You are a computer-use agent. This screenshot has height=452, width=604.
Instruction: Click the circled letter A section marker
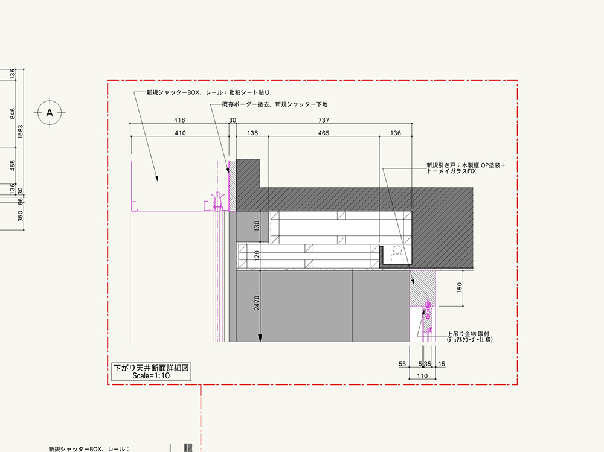point(50,113)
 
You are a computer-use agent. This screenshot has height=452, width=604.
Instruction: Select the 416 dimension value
point(179,120)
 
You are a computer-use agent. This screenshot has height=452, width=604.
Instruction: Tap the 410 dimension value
point(180,133)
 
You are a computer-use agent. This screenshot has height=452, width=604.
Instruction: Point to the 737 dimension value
point(324,120)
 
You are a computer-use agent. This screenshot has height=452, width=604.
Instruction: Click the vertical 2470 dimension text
point(257,302)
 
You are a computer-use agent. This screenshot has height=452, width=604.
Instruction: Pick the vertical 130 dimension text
point(257,226)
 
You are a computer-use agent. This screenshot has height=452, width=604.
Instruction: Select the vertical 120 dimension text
point(257,255)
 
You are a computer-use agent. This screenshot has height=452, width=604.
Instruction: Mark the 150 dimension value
point(459,288)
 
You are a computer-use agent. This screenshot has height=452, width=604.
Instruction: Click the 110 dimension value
point(422,376)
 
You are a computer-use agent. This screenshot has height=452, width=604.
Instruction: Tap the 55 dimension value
point(402,364)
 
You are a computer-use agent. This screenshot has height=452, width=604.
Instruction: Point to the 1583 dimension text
point(21,132)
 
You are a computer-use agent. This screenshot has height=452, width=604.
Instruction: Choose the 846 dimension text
point(12,113)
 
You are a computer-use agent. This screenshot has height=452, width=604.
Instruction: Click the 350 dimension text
point(21,216)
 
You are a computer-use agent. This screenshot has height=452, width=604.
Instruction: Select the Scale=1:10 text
point(151,376)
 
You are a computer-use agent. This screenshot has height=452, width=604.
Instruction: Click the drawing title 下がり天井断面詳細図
point(151,368)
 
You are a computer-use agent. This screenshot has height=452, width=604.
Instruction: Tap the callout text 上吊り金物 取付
point(468,334)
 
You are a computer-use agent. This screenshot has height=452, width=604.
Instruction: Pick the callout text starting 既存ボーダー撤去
point(275,104)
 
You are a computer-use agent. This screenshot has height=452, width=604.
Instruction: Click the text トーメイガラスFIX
point(451,171)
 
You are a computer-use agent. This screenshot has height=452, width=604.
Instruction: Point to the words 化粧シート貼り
point(249,92)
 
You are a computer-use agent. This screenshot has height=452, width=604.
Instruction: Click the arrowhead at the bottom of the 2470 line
point(260,338)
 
